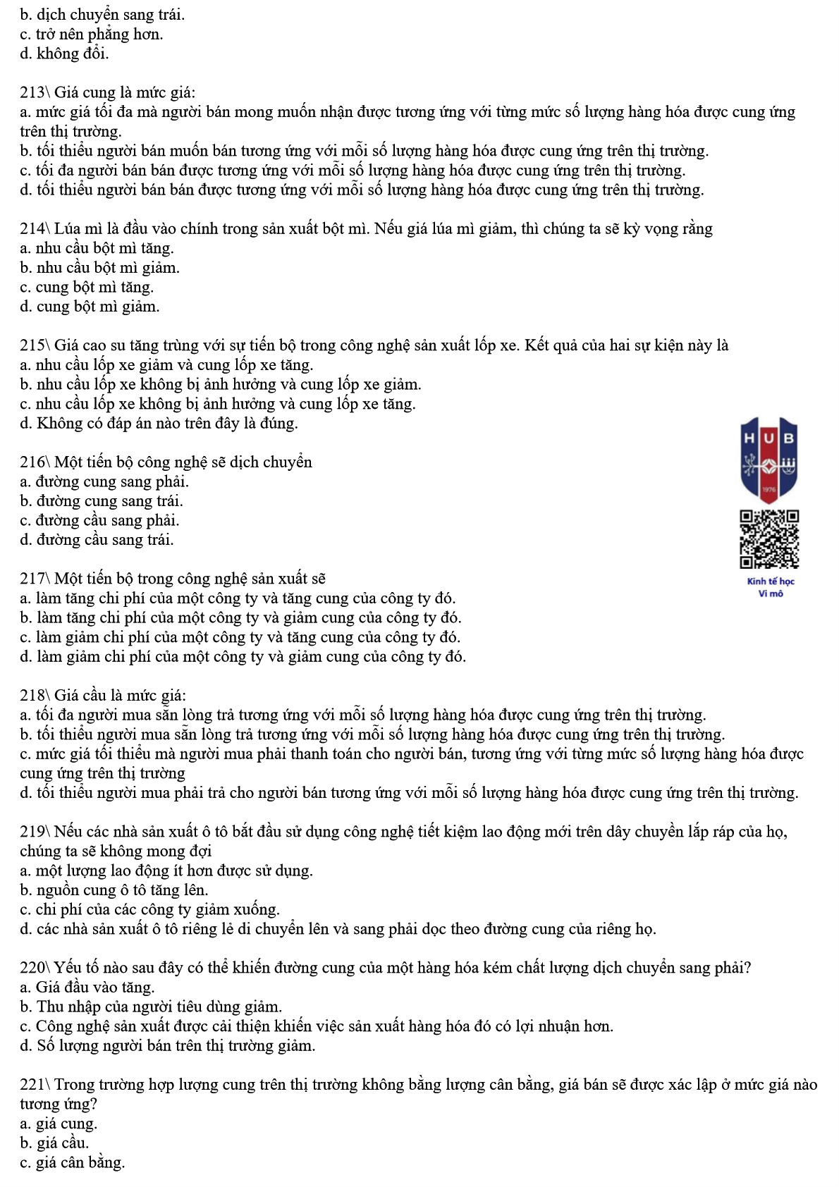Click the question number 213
pyautogui.click(x=32, y=92)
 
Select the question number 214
pyautogui.click(x=32, y=228)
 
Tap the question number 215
pyautogui.click(x=32, y=345)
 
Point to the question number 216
pyautogui.click(x=32, y=462)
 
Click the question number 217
pyautogui.click(x=32, y=579)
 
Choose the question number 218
pyautogui.click(x=32, y=696)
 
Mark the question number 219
pyautogui.click(x=32, y=832)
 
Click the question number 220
pyautogui.click(x=32, y=968)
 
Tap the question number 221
pyautogui.click(x=32, y=1084)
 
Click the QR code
pyautogui.click(x=769, y=539)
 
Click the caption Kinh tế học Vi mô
pyautogui.click(x=771, y=587)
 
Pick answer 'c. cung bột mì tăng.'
pyautogui.click(x=87, y=287)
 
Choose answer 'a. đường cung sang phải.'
pyautogui.click(x=104, y=481)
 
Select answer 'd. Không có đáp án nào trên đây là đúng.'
pyautogui.click(x=159, y=423)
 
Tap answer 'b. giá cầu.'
pyautogui.click(x=54, y=1143)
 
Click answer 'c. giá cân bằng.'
pyautogui.click(x=72, y=1162)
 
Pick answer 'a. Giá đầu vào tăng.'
pyautogui.click(x=87, y=987)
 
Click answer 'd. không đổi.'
pyautogui.click(x=64, y=54)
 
